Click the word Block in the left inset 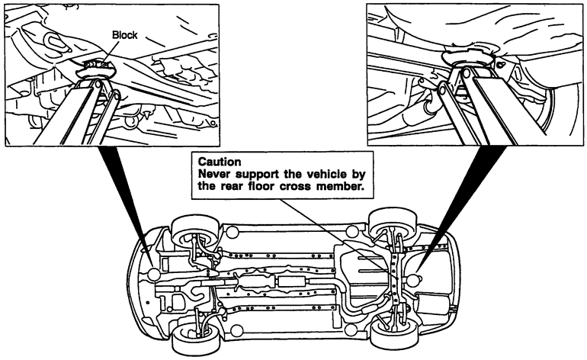tap(125, 35)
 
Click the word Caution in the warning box tap(220, 162)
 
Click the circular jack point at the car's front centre tap(154, 275)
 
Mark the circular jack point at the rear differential tap(412, 280)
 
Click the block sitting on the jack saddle tap(95, 65)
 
